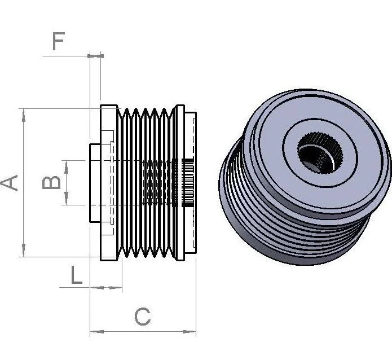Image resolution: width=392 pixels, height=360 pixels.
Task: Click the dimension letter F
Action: point(59,41)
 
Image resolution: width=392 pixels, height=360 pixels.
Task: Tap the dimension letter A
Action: point(9,183)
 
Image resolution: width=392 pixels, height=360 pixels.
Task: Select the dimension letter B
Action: point(51,182)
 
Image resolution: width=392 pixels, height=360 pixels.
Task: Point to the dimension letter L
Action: point(77,275)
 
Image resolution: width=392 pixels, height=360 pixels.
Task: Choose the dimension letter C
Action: point(143,317)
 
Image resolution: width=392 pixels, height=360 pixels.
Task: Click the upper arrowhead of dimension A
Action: point(24,116)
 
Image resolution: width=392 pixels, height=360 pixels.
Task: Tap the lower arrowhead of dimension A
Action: point(24,249)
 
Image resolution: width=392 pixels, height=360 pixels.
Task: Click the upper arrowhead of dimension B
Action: point(66,167)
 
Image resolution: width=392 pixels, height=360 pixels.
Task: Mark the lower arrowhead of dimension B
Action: point(66,198)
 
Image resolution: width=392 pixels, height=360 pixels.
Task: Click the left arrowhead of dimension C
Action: point(97,332)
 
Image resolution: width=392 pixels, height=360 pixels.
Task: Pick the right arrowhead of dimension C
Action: point(190,332)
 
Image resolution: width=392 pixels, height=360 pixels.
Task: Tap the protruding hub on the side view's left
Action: point(95,183)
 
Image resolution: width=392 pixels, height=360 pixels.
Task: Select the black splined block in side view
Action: point(187,183)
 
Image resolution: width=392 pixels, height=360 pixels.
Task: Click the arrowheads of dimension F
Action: point(95,56)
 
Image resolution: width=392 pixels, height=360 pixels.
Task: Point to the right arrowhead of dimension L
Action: point(116,288)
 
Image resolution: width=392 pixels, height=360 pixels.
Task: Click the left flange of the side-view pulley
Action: point(109,183)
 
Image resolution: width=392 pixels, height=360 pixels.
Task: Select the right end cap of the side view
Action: point(190,183)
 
